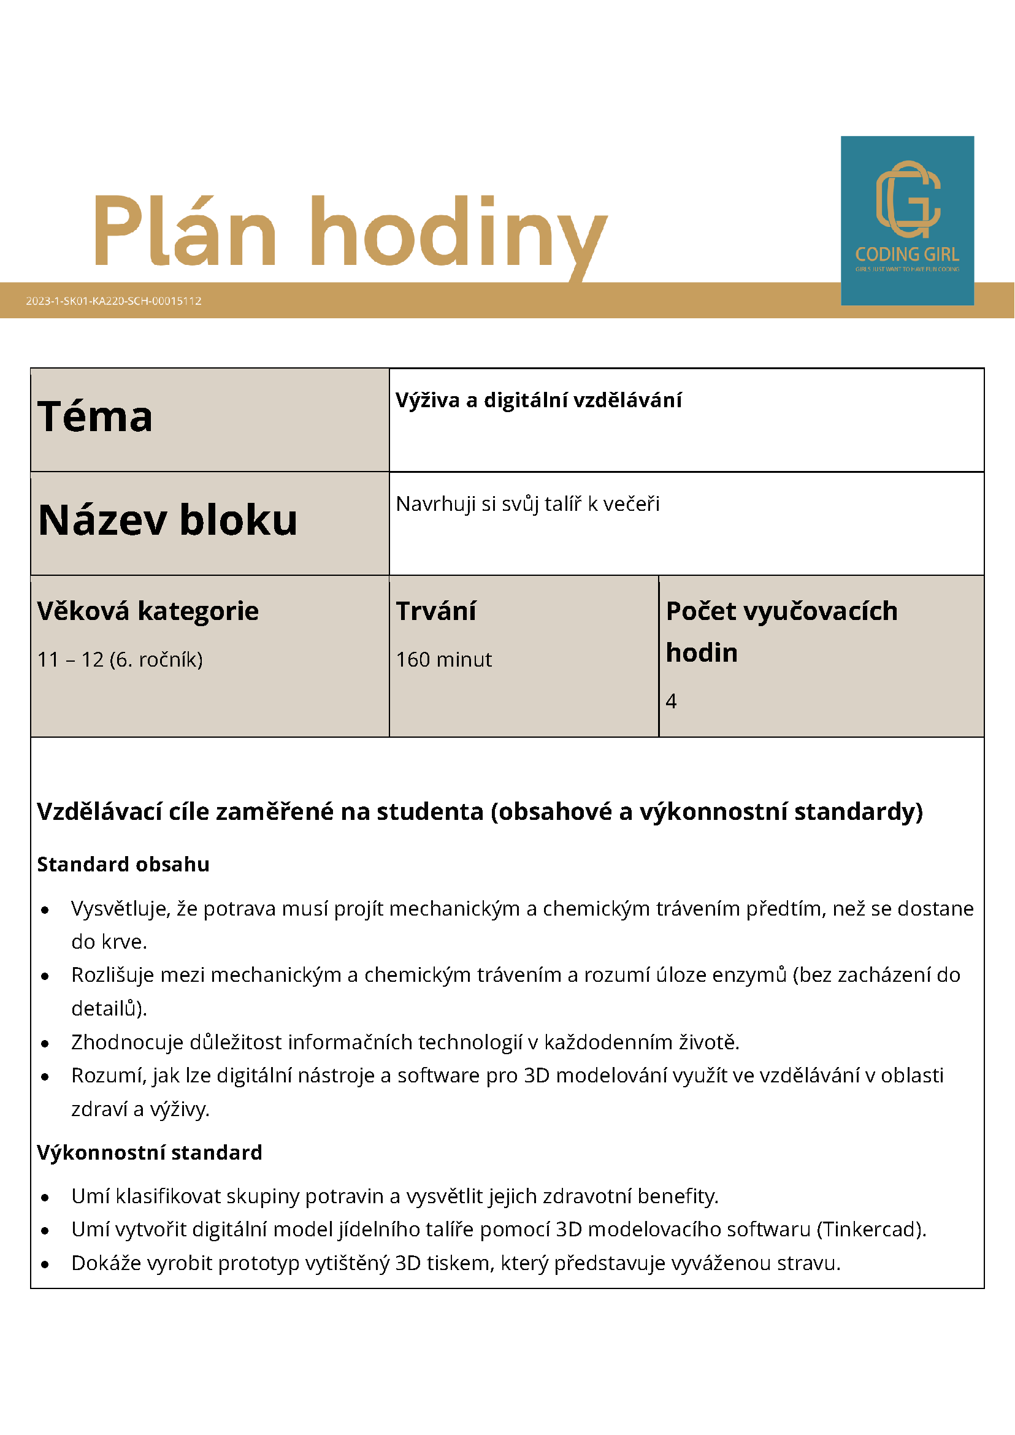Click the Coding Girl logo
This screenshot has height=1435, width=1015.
tap(907, 220)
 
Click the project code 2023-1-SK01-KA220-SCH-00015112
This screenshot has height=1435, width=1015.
tap(113, 300)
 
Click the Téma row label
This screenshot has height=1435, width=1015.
tap(95, 417)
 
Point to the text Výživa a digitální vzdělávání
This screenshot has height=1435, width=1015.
tap(538, 400)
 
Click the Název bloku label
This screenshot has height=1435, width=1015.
tap(167, 520)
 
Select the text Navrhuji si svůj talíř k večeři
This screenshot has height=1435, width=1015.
tap(527, 503)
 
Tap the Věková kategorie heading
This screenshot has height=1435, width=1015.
tap(148, 611)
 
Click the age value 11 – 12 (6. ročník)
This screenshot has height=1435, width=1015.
tap(120, 659)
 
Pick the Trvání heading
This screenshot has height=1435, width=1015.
tap(435, 611)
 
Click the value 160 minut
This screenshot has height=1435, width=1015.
tap(444, 659)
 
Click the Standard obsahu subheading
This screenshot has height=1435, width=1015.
tap(123, 865)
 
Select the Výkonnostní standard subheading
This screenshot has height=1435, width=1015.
tap(150, 1152)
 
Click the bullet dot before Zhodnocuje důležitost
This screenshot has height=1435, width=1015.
tap(45, 1043)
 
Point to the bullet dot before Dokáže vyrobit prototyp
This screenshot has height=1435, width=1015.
tap(45, 1264)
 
